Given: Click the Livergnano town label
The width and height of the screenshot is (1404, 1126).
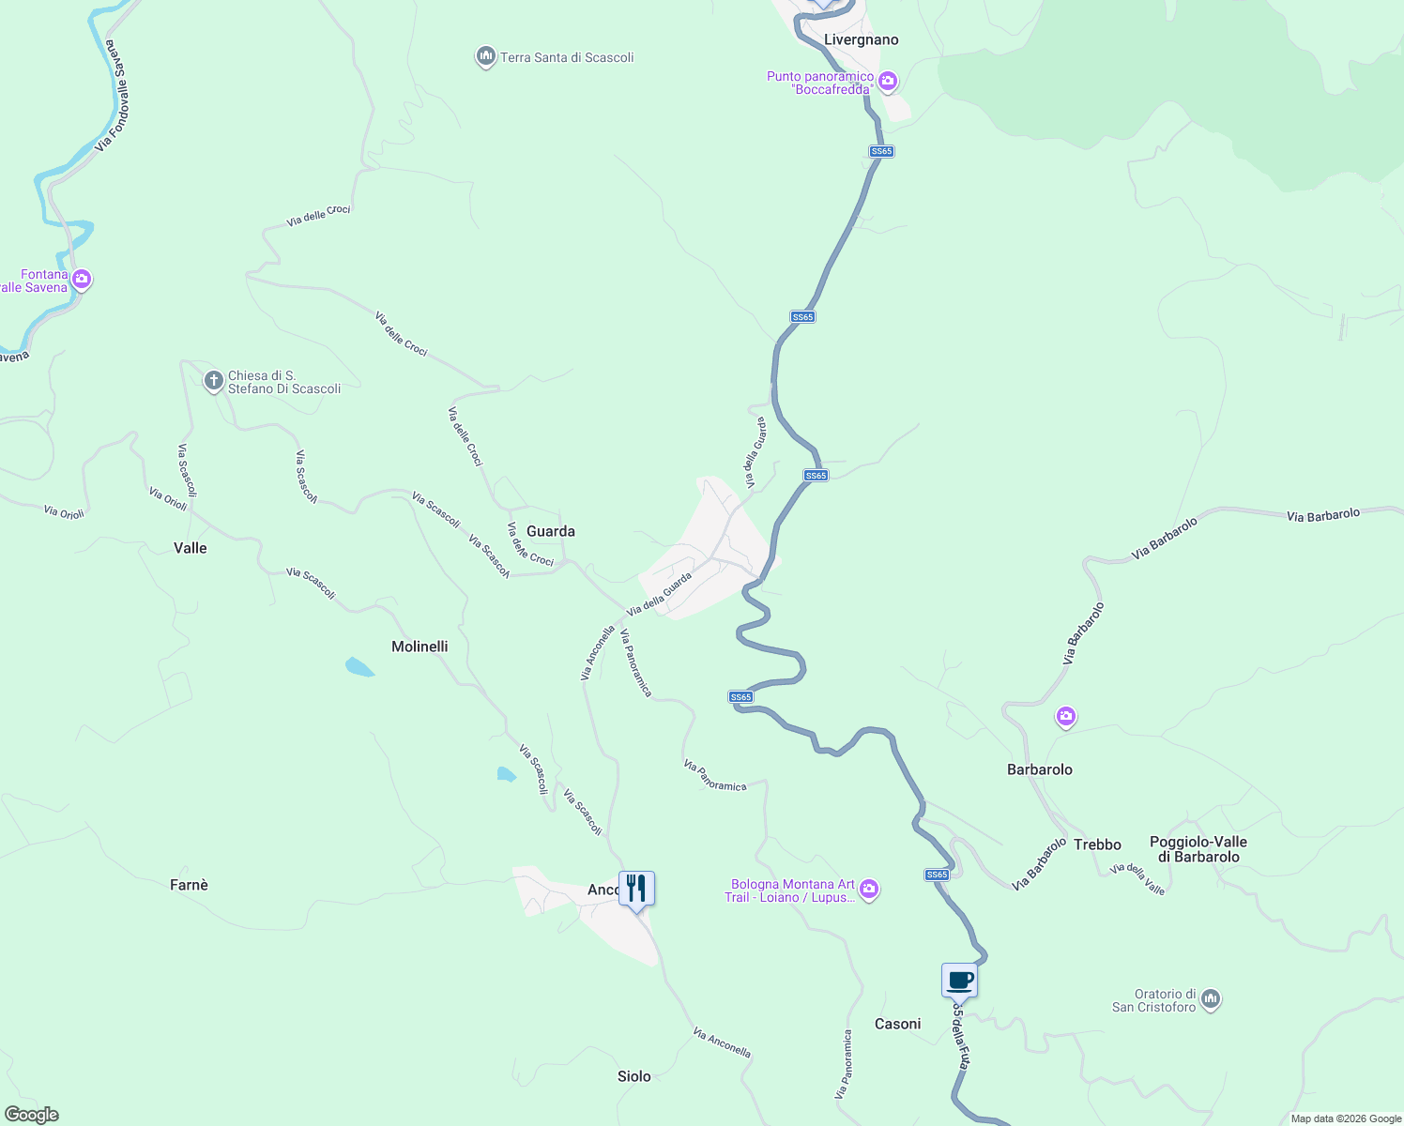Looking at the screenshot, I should tap(861, 39).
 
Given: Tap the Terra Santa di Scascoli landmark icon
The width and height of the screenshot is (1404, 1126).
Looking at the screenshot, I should tap(485, 57).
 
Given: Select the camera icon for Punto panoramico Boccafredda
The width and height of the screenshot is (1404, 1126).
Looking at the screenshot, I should tap(888, 82).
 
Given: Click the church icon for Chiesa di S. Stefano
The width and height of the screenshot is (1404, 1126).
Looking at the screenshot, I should tap(214, 381).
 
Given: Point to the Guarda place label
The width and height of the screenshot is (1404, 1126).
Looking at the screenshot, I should tap(551, 531).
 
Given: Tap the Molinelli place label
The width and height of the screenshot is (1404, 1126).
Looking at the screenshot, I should tap(420, 647).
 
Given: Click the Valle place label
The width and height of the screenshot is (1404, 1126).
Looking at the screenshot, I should tap(190, 548).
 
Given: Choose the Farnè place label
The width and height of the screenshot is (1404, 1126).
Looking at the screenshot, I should tap(189, 885).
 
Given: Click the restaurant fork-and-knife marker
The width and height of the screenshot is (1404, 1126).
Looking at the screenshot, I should tap(636, 888).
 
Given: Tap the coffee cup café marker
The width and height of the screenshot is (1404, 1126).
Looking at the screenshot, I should tap(959, 981).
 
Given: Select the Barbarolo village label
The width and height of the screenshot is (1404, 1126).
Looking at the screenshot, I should tap(1039, 769).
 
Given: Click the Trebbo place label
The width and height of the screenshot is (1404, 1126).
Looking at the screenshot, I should tap(1097, 844).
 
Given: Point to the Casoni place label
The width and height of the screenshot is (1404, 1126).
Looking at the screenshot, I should tap(897, 1024).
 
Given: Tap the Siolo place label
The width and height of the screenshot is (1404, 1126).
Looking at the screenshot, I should tap(633, 1076).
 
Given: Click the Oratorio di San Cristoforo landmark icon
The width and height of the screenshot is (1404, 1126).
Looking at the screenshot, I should tap(1211, 999).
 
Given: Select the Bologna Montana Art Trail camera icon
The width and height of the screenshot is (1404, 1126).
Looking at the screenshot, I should tap(869, 889).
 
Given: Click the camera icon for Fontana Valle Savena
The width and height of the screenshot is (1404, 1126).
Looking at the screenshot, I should tap(82, 279).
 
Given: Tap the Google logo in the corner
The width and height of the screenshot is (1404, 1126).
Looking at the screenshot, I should tap(31, 1115).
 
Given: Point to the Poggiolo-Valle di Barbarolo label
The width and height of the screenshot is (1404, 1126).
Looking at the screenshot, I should tap(1198, 849).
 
